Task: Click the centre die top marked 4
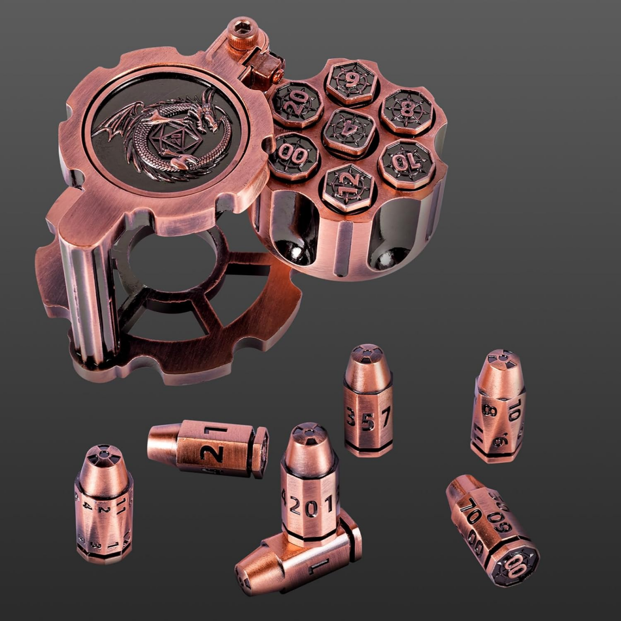[x=347, y=132]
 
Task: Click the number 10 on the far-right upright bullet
[x=517, y=411]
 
